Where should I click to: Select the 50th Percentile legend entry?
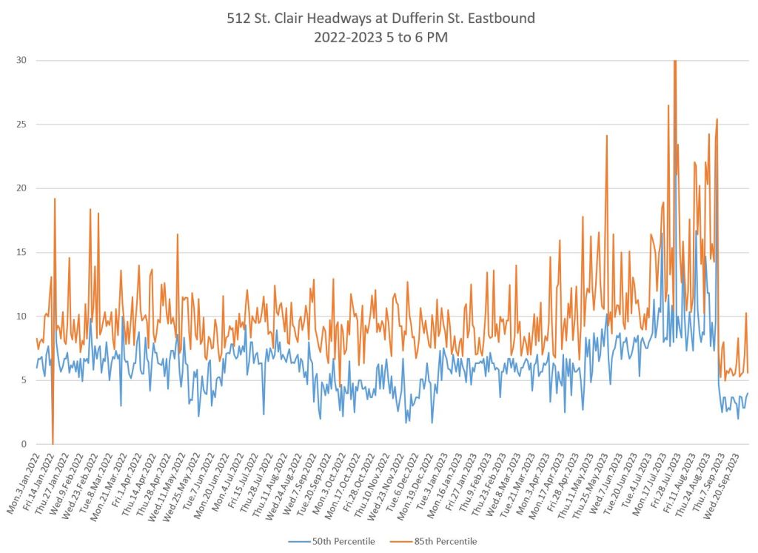tap(332, 542)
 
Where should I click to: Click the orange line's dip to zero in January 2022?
tap(53, 443)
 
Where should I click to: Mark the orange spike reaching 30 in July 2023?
tap(674, 62)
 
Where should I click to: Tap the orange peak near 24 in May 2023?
tap(607, 136)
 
